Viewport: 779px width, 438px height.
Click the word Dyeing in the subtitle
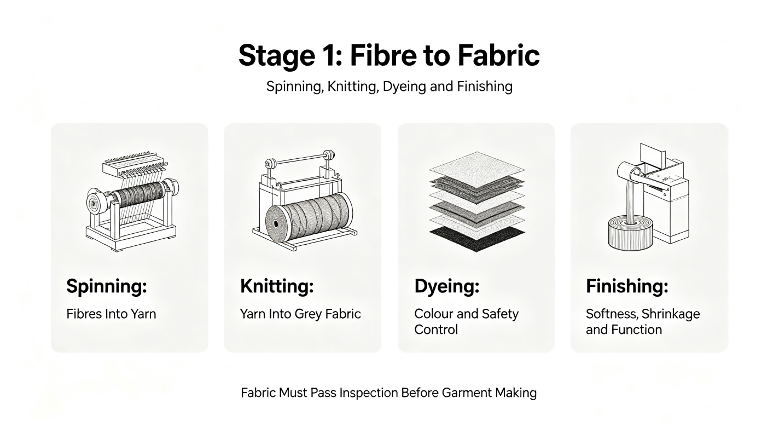pyautogui.click(x=404, y=87)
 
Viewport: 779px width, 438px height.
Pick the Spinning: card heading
pyautogui.click(x=107, y=286)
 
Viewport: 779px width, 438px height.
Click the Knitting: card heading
pyautogui.click(x=277, y=286)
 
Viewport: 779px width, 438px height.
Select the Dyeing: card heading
pyautogui.click(x=447, y=286)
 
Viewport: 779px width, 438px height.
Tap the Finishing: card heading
pyautogui.click(x=627, y=286)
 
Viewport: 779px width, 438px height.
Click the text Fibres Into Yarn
pyautogui.click(x=111, y=314)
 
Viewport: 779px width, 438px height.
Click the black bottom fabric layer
pyautogui.click(x=477, y=239)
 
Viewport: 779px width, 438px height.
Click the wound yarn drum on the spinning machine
pyautogui.click(x=138, y=196)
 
